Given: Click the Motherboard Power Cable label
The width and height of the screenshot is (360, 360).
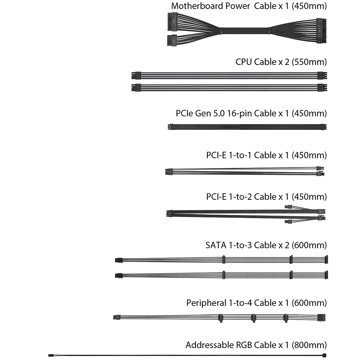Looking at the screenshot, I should [249, 6].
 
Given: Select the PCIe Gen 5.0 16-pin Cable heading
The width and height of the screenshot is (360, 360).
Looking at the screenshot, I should [251, 113].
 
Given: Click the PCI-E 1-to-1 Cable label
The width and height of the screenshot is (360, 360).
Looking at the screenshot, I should [265, 155].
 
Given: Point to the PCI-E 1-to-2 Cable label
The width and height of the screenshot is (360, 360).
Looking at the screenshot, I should [266, 197].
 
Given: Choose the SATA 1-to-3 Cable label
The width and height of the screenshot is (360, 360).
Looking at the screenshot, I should [266, 246].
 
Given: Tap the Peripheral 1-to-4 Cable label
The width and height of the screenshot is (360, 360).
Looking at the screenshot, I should [256, 303].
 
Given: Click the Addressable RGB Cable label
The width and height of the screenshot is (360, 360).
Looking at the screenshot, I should [256, 345].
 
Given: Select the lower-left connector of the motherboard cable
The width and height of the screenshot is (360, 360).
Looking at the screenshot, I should [172, 41].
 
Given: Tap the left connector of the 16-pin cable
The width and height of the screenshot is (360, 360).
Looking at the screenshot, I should [170, 127].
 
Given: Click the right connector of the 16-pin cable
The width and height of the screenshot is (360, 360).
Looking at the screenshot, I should [324, 127].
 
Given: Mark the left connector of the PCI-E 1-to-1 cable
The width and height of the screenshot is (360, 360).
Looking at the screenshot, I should [167, 172].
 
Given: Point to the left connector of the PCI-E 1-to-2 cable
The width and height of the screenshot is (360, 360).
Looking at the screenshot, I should [168, 213].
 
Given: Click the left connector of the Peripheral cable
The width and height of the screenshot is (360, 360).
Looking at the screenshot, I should [116, 318].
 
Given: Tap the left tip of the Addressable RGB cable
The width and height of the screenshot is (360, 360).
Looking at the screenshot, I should [50, 355].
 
